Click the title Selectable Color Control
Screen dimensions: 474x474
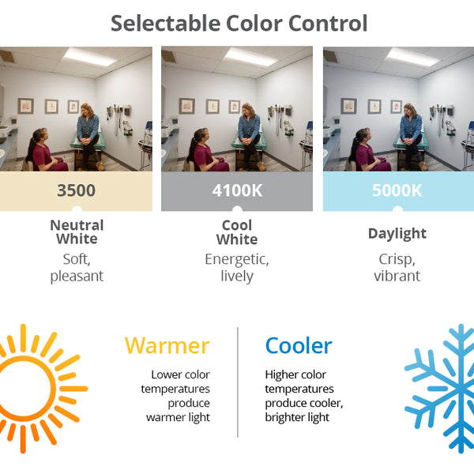(239, 23)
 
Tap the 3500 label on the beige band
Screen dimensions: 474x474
(77, 190)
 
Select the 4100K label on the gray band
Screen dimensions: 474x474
(237, 190)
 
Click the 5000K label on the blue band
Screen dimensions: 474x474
(397, 190)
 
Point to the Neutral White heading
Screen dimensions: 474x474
(77, 231)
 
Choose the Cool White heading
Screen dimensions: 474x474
(237, 231)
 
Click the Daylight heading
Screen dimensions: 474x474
(397, 233)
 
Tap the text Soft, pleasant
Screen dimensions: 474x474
(77, 267)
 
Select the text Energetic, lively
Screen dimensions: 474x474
(237, 267)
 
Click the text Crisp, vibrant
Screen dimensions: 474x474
(397, 267)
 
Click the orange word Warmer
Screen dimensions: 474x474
(167, 345)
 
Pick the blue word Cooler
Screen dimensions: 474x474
(299, 345)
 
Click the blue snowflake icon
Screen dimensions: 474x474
(442, 387)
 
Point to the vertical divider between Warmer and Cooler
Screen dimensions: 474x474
(238, 382)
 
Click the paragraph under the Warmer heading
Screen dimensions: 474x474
(176, 396)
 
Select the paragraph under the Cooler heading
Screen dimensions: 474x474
(304, 396)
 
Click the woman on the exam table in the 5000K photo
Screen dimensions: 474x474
(411, 130)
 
